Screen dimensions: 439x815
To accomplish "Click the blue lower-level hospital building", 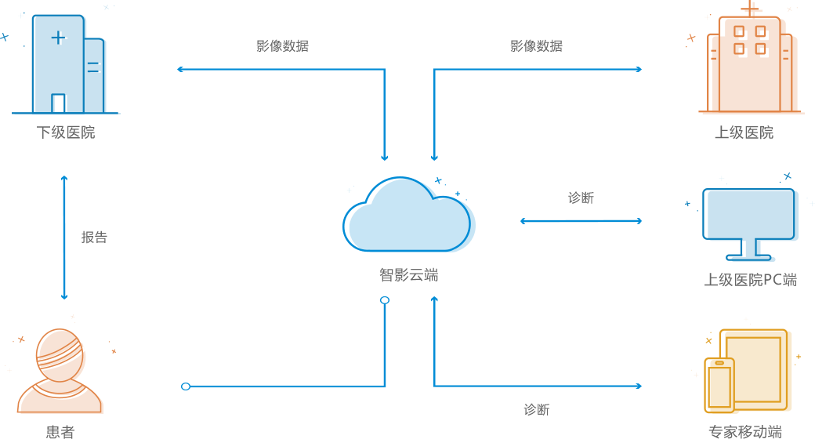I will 67,67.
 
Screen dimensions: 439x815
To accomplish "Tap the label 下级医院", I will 66,132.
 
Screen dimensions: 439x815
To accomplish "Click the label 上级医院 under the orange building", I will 744,132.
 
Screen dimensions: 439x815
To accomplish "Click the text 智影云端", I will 408,275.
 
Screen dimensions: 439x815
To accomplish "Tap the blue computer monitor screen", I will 751,213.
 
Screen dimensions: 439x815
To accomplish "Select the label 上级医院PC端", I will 750,280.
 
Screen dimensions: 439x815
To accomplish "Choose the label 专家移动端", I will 744,431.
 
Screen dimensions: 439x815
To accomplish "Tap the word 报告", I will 94,237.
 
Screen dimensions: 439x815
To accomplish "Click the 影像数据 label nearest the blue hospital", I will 282,45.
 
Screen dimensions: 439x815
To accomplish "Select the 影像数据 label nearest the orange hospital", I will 536,45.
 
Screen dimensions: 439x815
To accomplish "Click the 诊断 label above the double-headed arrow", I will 581,198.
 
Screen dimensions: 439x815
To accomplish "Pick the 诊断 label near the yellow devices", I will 537,409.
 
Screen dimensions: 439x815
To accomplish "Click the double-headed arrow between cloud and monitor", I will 581,221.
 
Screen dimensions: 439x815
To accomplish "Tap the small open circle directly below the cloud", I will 385,300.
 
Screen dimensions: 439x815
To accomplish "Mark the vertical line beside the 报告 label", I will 64,237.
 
